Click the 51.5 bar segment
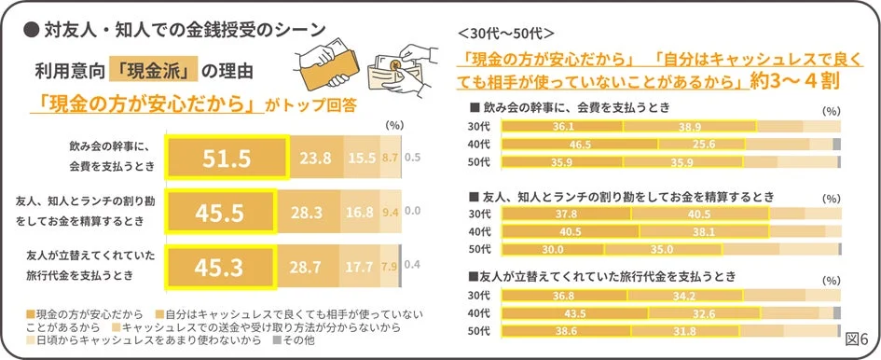[227, 158]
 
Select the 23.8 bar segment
[316, 158]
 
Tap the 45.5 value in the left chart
[220, 215]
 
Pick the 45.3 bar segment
[220, 269]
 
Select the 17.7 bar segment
[361, 269]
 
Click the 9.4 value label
[390, 215]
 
